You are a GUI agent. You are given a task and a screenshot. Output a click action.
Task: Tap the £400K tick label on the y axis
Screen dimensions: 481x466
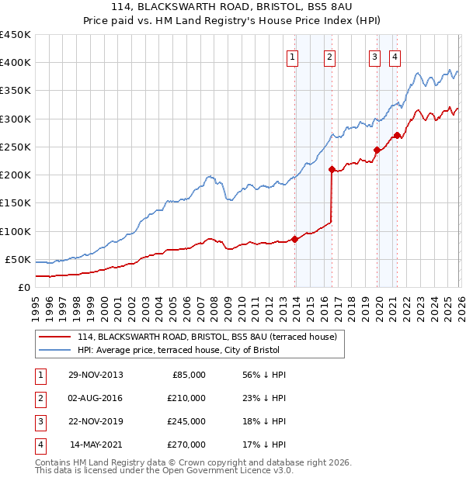[x=16, y=63]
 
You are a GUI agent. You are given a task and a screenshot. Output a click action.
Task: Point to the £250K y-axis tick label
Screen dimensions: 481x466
[x=16, y=147]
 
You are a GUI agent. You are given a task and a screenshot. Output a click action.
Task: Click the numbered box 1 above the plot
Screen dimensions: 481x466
[x=293, y=56]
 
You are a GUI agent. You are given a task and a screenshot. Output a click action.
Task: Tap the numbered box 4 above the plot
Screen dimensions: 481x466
[x=395, y=56]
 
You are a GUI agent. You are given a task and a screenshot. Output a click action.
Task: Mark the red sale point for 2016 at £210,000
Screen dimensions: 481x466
[x=332, y=169]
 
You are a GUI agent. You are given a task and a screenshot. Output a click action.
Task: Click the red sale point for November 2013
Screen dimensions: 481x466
[x=295, y=239]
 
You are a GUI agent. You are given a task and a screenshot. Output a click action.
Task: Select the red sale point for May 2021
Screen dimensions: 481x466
[x=397, y=136]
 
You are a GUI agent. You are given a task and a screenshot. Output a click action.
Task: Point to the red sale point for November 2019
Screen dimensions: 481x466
[x=377, y=150]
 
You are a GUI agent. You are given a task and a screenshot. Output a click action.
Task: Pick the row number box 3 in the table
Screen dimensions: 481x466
[x=39, y=421]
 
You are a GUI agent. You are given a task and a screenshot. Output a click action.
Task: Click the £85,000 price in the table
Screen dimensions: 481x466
[x=187, y=375]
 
